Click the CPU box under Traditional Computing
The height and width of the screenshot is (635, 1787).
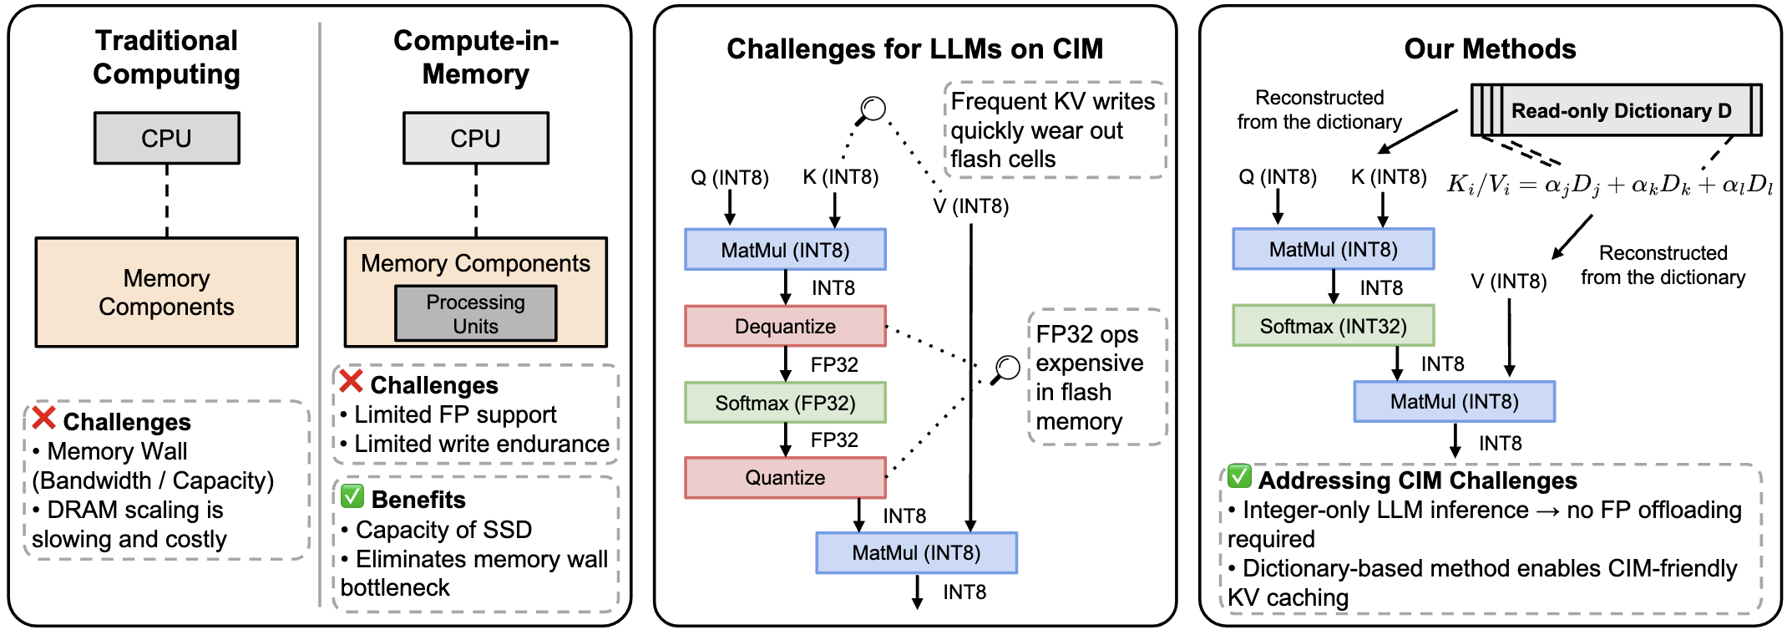pos(166,138)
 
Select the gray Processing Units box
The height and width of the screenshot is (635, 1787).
pos(475,313)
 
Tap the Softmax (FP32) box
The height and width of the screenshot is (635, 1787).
pos(785,403)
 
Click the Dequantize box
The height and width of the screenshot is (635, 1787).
pos(785,326)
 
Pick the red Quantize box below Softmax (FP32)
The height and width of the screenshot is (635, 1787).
pos(785,477)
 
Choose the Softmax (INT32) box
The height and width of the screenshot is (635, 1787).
pos(1333,326)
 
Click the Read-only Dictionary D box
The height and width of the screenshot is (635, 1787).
pos(1620,110)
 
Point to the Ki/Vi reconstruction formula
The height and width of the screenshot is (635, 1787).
pos(1609,185)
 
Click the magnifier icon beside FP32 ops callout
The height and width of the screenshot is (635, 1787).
pos(1006,368)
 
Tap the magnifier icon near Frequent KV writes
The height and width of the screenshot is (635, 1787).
pos(872,109)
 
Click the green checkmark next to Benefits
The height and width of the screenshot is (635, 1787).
pos(352,496)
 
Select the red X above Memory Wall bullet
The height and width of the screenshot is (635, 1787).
pos(43,418)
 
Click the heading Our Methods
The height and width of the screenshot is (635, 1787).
pos(1490,48)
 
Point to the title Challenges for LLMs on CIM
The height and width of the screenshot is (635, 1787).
pos(914,48)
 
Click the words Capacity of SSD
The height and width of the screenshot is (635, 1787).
pos(443,530)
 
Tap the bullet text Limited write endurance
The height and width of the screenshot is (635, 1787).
pos(482,444)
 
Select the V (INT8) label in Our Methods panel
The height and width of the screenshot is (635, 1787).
pos(1508,282)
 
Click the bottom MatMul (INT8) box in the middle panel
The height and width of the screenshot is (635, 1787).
pos(916,553)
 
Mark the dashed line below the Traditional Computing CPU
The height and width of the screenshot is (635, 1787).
pos(167,201)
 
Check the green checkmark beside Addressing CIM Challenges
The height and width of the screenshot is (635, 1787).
pos(1239,477)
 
